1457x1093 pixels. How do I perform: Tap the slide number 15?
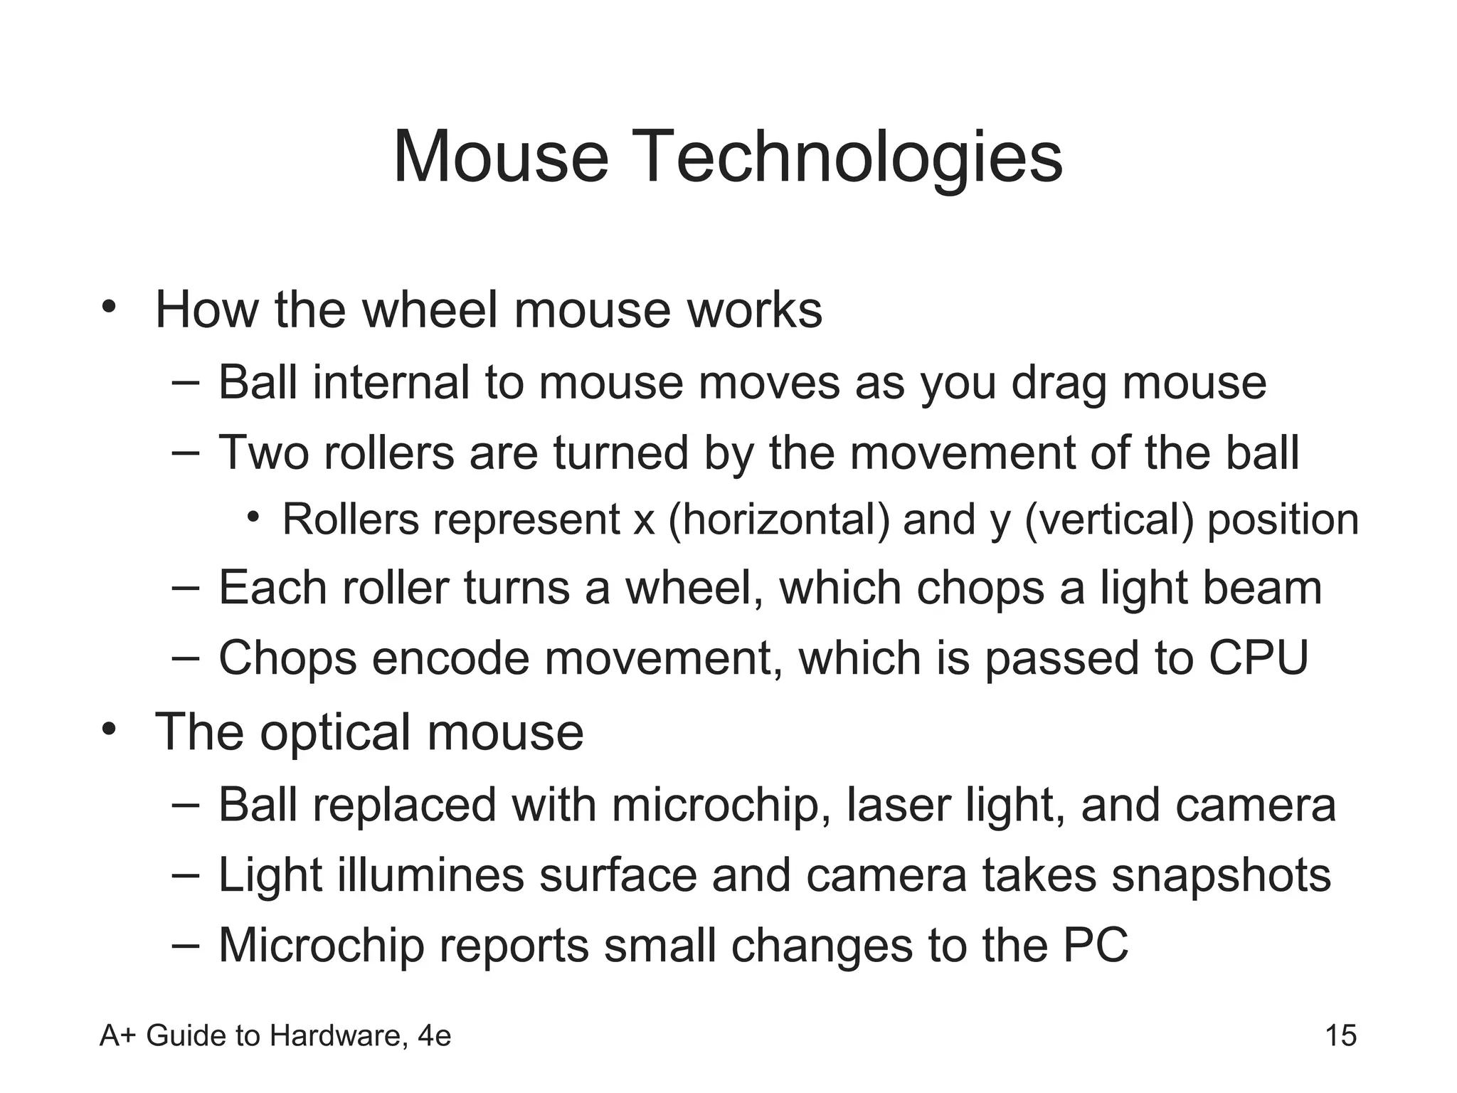point(1341,1035)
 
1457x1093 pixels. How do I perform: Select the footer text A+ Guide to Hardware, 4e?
point(275,1036)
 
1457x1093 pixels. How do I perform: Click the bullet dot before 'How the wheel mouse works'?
point(108,307)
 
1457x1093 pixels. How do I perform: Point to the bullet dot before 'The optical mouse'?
point(108,729)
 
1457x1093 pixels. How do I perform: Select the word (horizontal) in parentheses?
point(779,519)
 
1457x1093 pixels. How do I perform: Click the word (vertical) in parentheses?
point(1109,519)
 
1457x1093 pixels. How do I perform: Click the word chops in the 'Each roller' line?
point(980,589)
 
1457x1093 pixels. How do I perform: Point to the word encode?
point(450,658)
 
